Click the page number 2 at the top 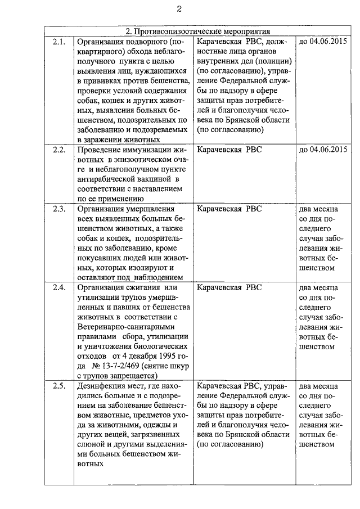point(179,8)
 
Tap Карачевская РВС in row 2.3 point(229,209)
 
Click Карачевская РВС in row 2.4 point(229,287)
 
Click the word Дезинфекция point(103,386)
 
